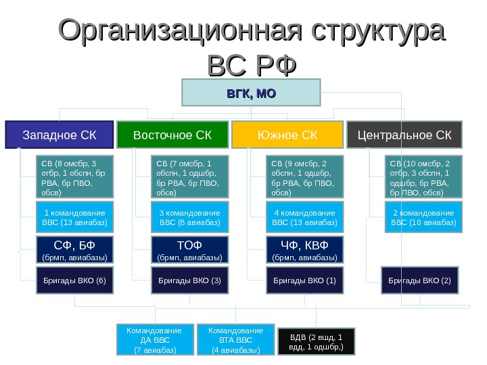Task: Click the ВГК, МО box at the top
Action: pyautogui.click(x=251, y=93)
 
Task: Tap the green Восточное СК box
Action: pyautogui.click(x=172, y=135)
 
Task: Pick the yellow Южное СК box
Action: pyautogui.click(x=287, y=135)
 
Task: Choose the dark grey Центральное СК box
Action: pyautogui.click(x=404, y=135)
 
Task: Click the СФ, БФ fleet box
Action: pyautogui.click(x=75, y=249)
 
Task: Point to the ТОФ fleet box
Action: pyautogui.click(x=189, y=249)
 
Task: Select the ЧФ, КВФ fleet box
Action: pyautogui.click(x=304, y=249)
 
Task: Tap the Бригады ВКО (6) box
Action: pyautogui.click(x=75, y=280)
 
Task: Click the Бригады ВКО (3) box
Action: pyautogui.click(x=189, y=280)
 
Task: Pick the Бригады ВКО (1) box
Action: pyautogui.click(x=304, y=280)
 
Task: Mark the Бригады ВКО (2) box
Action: pyautogui.click(x=419, y=280)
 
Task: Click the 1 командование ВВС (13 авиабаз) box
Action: pyautogui.click(x=75, y=217)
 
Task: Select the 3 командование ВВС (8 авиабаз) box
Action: pyautogui.click(x=189, y=217)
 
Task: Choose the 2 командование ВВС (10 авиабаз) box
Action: pyautogui.click(x=423, y=217)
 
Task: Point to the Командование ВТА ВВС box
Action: pyautogui.click(x=235, y=340)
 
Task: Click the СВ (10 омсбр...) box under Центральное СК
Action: pyautogui.click(x=423, y=177)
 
